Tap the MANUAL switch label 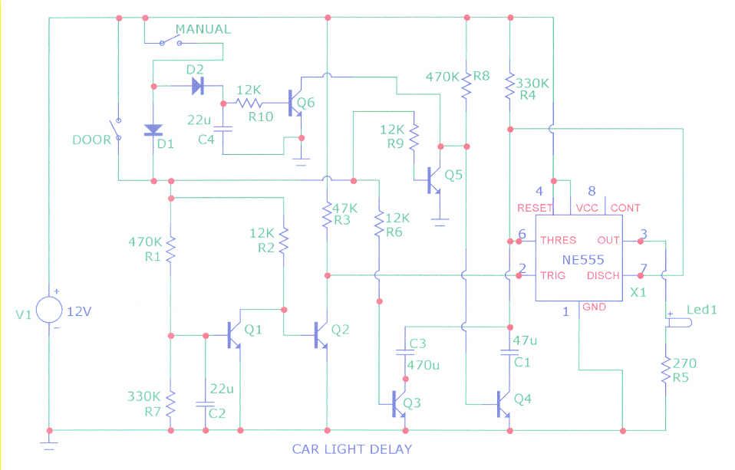[x=203, y=29]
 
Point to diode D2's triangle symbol [x=197, y=86]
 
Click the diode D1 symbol [x=153, y=130]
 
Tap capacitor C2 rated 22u [x=205, y=403]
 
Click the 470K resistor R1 [x=170, y=248]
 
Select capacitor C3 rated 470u [x=405, y=353]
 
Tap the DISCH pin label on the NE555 [x=605, y=275]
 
